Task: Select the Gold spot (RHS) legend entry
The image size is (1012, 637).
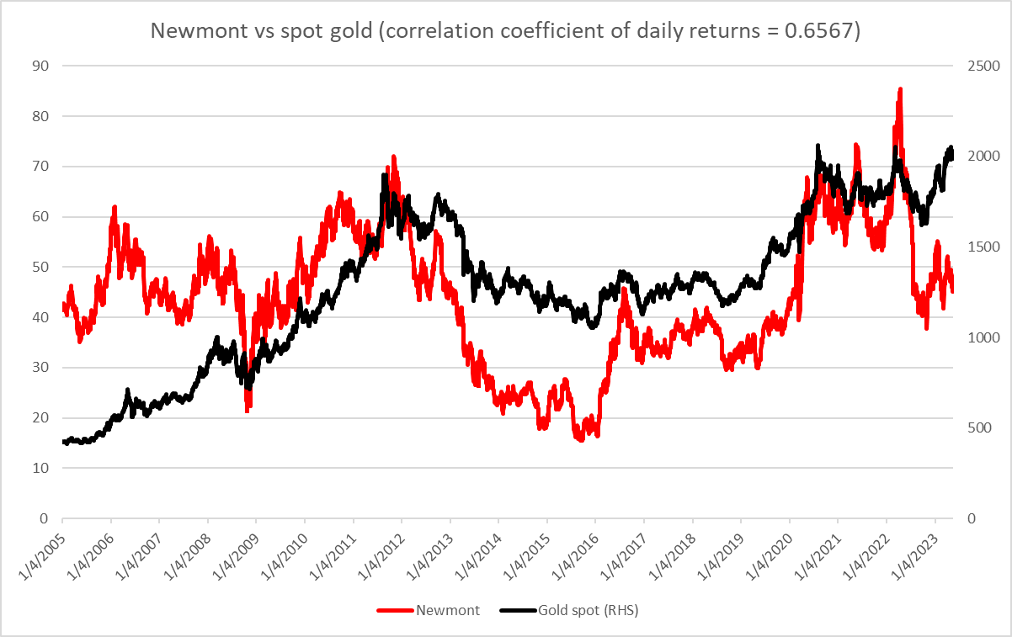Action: tap(588, 610)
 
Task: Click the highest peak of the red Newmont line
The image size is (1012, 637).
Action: tap(900, 89)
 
